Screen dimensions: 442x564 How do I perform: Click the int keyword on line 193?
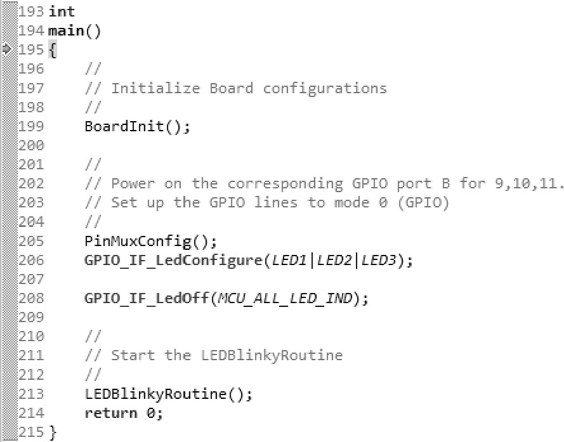click(x=62, y=11)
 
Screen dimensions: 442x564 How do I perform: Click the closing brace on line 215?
click(x=53, y=432)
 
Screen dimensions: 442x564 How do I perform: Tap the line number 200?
click(x=32, y=145)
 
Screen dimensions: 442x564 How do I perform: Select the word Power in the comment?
click(x=134, y=184)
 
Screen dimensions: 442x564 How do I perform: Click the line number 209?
click(x=32, y=317)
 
